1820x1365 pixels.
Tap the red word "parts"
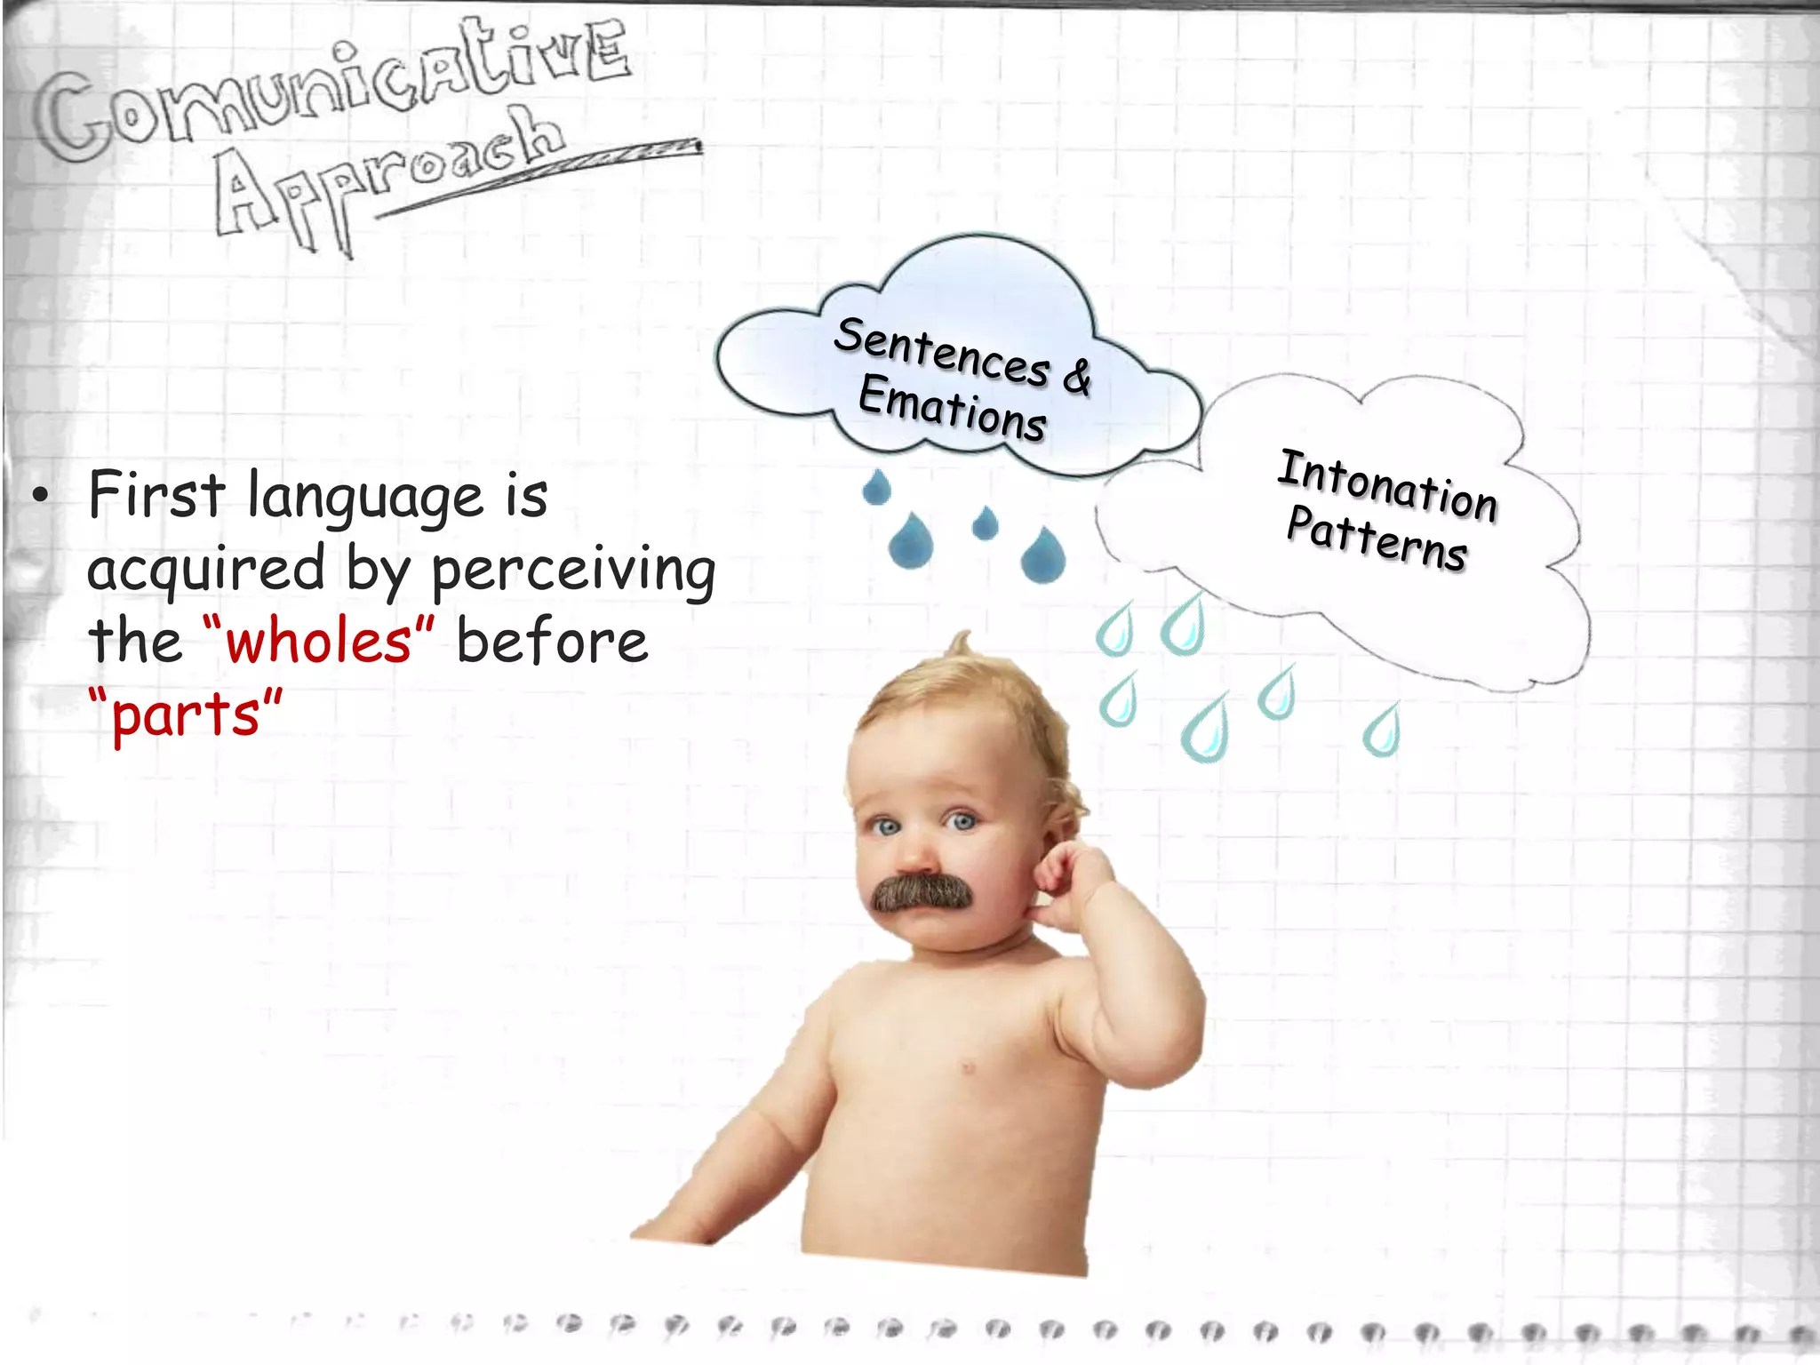pyautogui.click(x=186, y=715)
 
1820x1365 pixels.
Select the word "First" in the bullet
pyautogui.click(x=156, y=495)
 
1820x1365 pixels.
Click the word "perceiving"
pyautogui.click(x=573, y=571)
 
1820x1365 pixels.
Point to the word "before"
pyautogui.click(x=552, y=642)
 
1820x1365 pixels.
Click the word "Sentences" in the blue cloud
pyautogui.click(x=942, y=352)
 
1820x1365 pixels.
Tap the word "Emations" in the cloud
pyautogui.click(x=952, y=408)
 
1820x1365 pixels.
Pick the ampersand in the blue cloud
pyautogui.click(x=1077, y=375)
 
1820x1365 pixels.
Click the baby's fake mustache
pyautogui.click(x=921, y=892)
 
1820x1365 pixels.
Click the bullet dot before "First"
pyautogui.click(x=40, y=496)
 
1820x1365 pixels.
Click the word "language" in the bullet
pyautogui.click(x=365, y=498)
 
